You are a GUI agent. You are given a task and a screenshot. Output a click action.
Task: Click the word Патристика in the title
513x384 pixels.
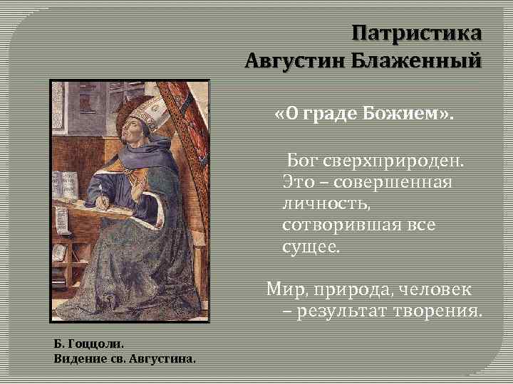417,33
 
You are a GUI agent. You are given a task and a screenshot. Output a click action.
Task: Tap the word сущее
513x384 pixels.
311,248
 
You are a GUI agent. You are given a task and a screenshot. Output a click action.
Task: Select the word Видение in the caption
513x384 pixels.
76,358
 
